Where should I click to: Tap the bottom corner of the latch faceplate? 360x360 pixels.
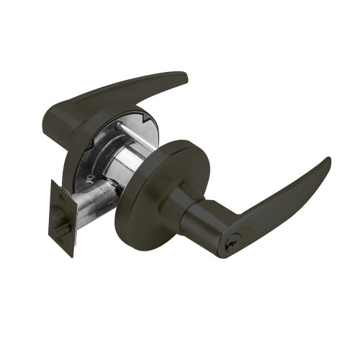(72, 256)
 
